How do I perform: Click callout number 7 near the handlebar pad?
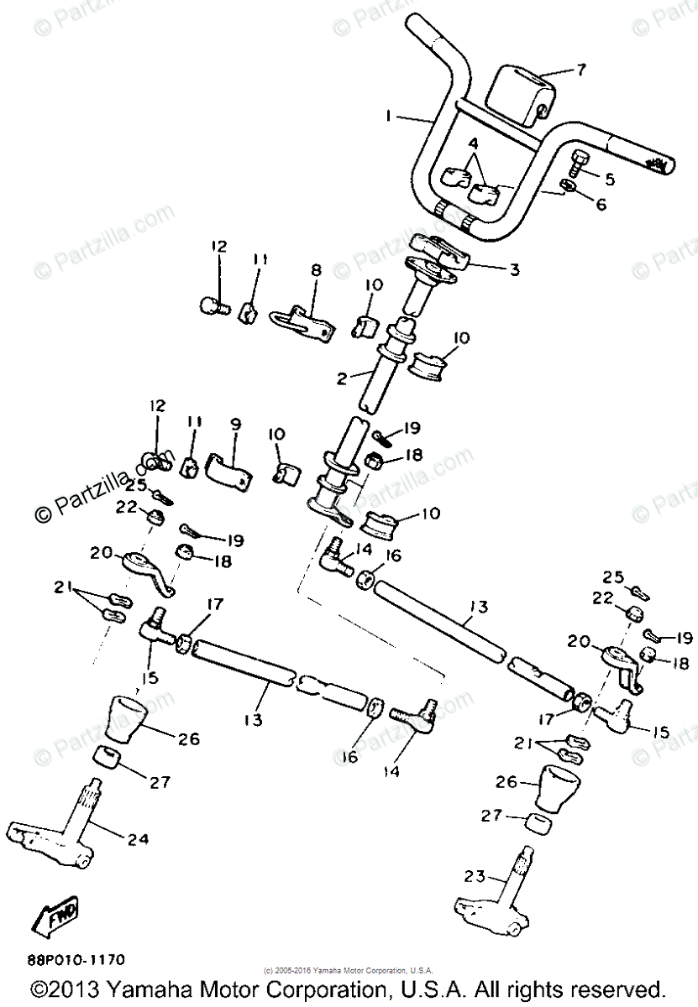[580, 69]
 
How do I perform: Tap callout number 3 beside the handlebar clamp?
[514, 270]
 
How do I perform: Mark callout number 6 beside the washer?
[601, 204]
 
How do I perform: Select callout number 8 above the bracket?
[316, 270]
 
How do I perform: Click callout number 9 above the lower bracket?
[234, 425]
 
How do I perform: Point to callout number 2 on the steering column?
[342, 378]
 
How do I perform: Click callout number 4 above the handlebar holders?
[474, 143]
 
